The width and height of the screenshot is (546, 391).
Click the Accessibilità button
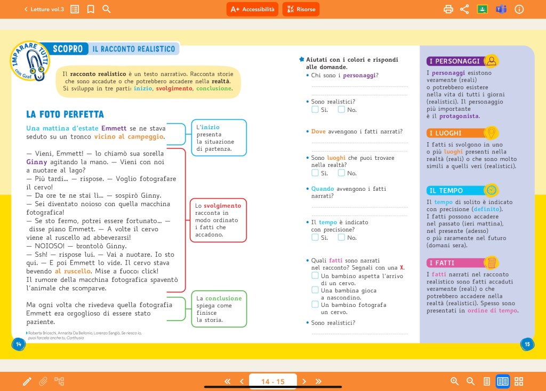pyautogui.click(x=252, y=9)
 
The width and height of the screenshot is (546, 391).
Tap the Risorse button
pyautogui.click(x=301, y=9)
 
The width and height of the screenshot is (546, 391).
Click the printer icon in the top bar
pyautogui.click(x=448, y=9)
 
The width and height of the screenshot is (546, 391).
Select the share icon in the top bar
pyautogui.click(x=464, y=9)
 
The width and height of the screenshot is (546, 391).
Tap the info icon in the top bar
pyautogui.click(x=519, y=9)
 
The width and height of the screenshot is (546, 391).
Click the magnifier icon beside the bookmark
pyautogui.click(x=107, y=9)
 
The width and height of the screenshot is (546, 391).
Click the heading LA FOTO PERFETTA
pyautogui.click(x=65, y=115)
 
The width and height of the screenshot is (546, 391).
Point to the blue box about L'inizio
pyautogui.click(x=219, y=137)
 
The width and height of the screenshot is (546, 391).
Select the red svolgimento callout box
pyautogui.click(x=218, y=220)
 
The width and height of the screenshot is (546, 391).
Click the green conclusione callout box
pyautogui.click(x=219, y=309)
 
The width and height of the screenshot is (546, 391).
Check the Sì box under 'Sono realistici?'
pyautogui.click(x=315, y=110)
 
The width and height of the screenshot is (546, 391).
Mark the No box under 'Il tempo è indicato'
pyautogui.click(x=341, y=238)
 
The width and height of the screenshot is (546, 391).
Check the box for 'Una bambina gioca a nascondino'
pyautogui.click(x=315, y=290)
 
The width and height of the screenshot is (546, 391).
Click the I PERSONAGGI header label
pyautogui.click(x=454, y=61)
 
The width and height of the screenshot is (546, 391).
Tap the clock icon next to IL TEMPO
pyautogui.click(x=491, y=190)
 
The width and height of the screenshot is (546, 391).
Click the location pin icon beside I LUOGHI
pyautogui.click(x=491, y=133)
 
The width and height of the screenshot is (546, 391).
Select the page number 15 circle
pyautogui.click(x=527, y=344)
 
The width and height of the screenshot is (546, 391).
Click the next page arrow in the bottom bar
pyautogui.click(x=304, y=381)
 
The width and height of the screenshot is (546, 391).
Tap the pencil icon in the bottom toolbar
pyautogui.click(x=27, y=381)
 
